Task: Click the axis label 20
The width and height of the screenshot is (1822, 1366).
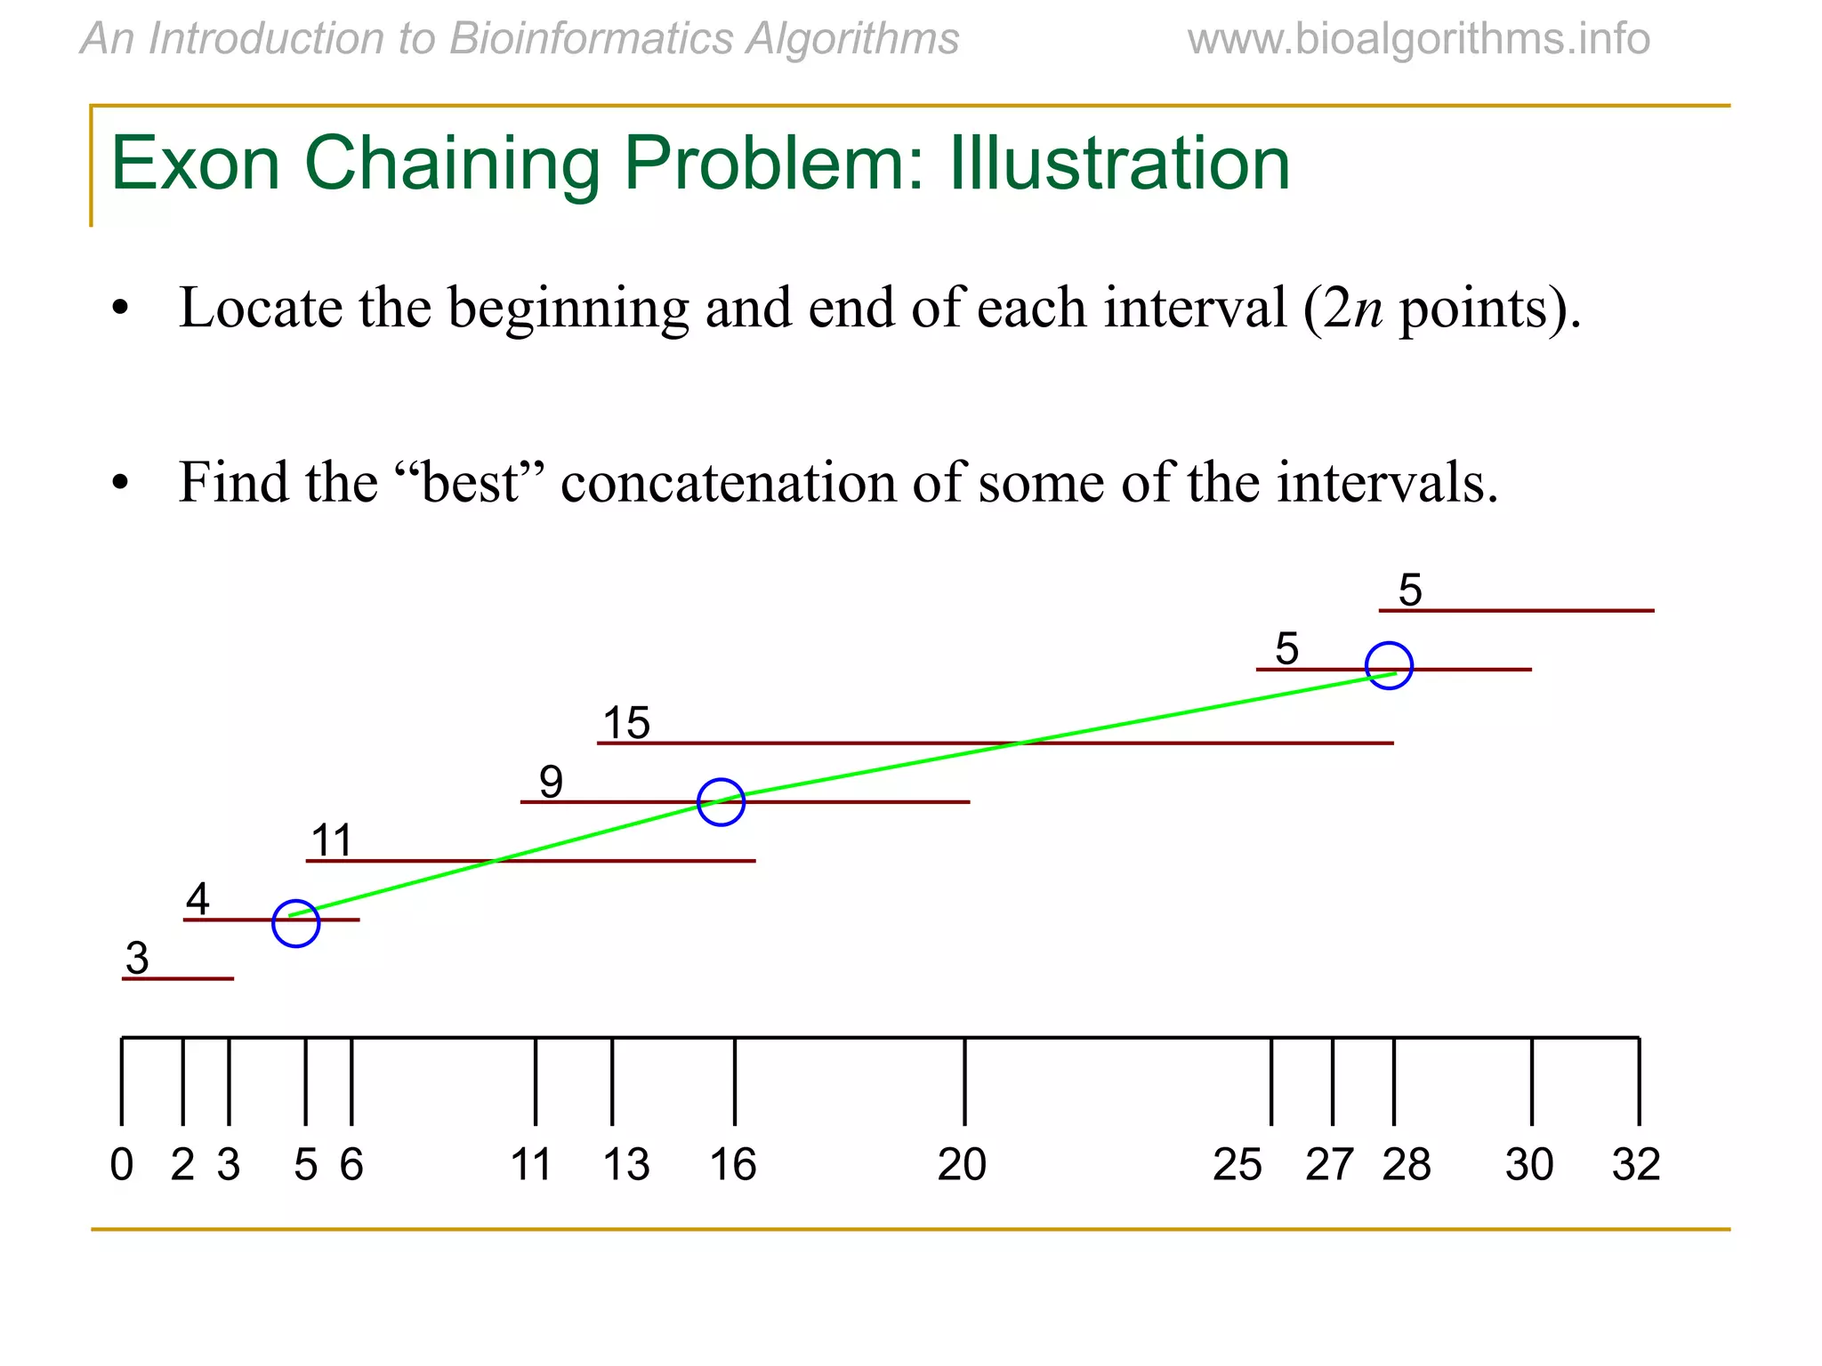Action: pos(962,1164)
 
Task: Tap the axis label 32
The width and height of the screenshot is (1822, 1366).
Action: pos(1636,1164)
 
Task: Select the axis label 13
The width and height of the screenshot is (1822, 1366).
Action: pos(626,1164)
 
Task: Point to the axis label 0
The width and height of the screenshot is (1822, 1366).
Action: pos(122,1164)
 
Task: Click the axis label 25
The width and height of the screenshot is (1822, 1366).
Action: pos(1237,1164)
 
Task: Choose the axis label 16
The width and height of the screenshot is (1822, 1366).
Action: pos(733,1164)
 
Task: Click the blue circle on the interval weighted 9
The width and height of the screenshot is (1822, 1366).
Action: pos(721,802)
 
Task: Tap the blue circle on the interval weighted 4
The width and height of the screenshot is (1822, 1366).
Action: pos(295,923)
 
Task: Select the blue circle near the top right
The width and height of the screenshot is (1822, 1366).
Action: pos(1389,665)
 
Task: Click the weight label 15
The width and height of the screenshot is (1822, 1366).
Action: pos(626,722)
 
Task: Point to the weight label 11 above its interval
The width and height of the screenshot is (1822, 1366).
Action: pos(332,840)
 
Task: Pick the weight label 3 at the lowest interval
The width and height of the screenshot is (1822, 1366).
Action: pos(137,958)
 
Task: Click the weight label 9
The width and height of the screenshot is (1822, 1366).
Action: pos(551,782)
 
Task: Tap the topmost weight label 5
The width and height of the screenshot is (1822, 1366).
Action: pos(1410,590)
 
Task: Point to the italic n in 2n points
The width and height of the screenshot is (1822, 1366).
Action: pos(1368,309)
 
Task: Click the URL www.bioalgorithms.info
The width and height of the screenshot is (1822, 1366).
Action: pos(1418,39)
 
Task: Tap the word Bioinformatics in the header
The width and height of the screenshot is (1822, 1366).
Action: pos(592,39)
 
